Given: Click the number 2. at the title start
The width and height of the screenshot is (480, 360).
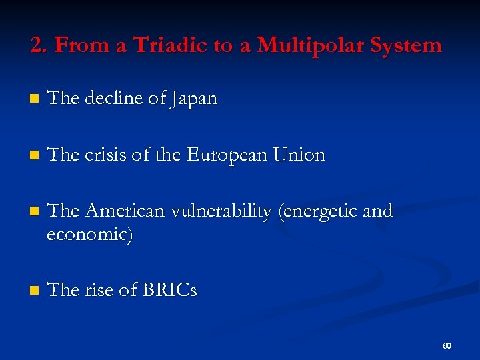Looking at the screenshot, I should click(39, 45).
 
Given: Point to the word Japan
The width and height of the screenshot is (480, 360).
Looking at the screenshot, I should click(193, 99).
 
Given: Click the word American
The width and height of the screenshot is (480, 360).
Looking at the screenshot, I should click(125, 212).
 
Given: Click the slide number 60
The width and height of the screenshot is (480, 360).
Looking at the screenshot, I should click(447, 346).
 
